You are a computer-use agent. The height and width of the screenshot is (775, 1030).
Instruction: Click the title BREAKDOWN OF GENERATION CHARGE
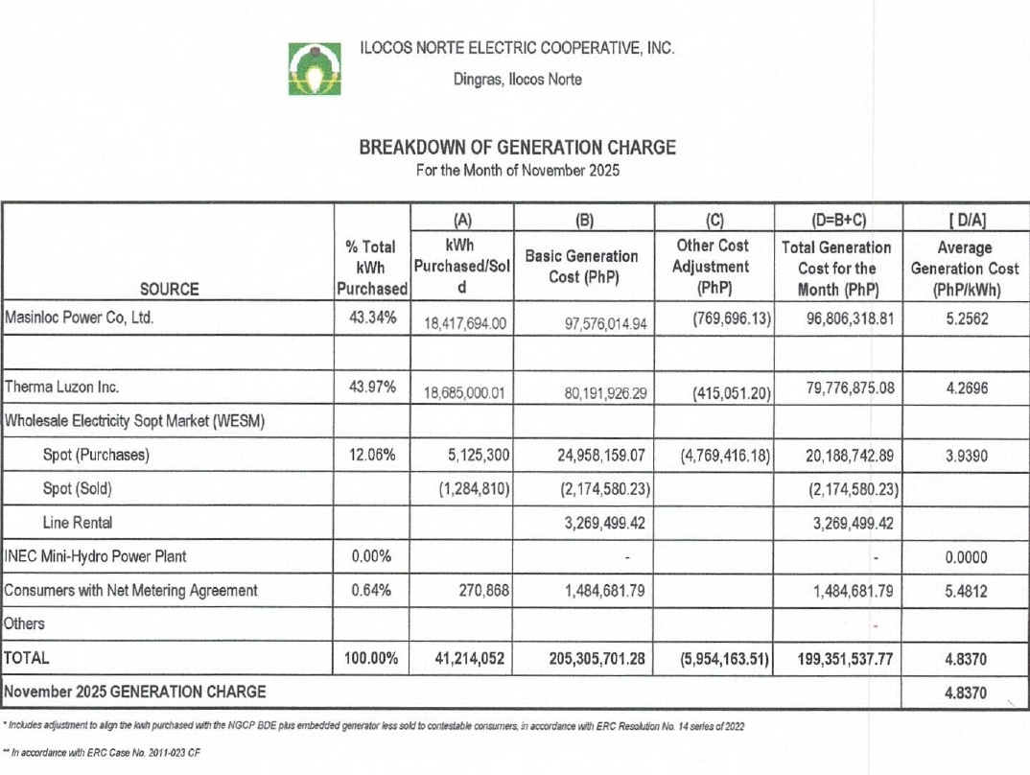(x=517, y=148)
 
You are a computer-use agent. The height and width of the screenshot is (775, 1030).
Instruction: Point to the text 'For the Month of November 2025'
(x=517, y=172)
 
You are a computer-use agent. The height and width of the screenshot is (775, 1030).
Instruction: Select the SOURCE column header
(x=169, y=289)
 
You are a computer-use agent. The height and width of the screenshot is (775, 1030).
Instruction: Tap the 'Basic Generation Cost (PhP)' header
(x=581, y=267)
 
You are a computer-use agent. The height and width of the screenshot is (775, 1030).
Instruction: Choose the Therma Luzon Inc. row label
(x=62, y=387)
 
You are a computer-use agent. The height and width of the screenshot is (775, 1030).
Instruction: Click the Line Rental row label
(x=78, y=522)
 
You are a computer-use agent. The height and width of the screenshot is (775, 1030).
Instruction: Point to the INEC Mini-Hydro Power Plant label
(x=96, y=556)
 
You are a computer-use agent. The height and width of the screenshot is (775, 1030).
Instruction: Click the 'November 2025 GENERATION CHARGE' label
(x=135, y=691)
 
